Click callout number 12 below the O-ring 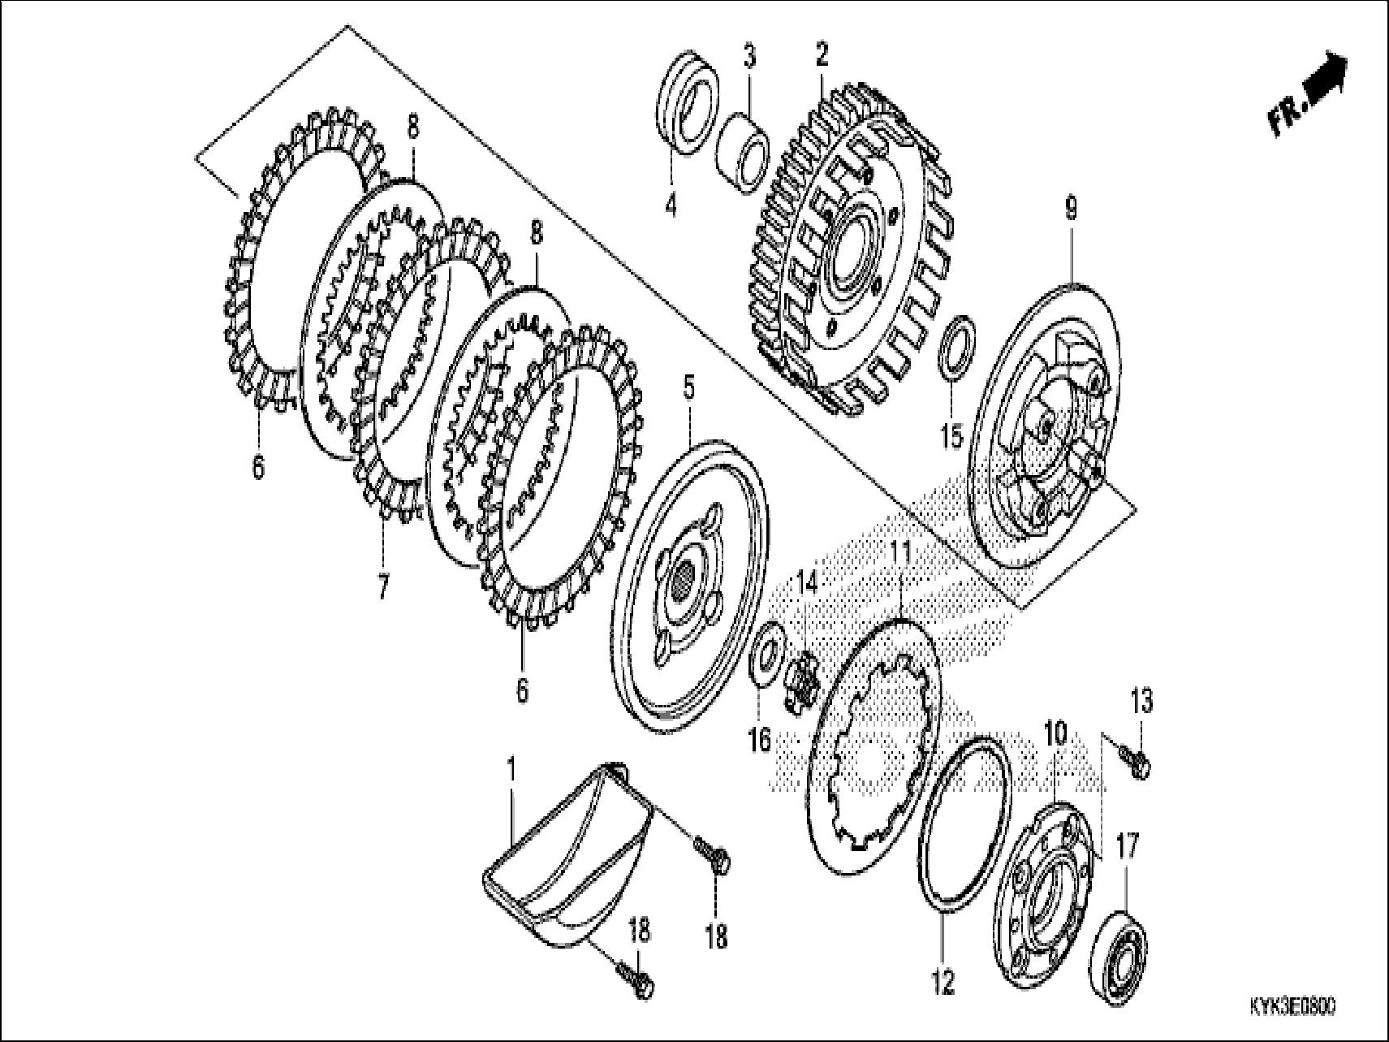click(943, 983)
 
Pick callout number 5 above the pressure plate click(688, 388)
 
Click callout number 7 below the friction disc click(382, 585)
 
